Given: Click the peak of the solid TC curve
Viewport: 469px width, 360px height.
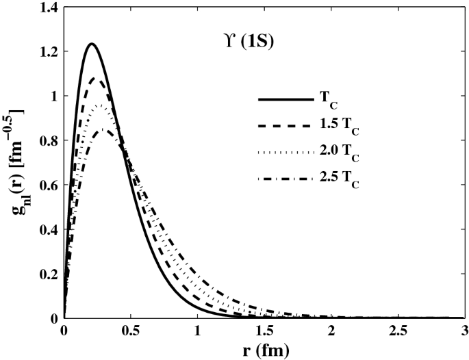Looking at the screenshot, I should click(x=91, y=44).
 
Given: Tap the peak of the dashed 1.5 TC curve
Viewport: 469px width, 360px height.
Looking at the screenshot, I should click(x=96, y=79).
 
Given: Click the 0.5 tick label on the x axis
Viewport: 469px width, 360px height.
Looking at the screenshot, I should click(x=131, y=330).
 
